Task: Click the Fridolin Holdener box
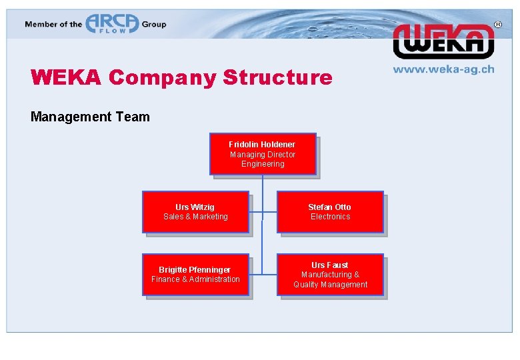[263, 154]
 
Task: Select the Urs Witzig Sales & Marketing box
[195, 212]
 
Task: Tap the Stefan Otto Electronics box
[330, 212]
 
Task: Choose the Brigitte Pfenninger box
[195, 274]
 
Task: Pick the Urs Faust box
[330, 274]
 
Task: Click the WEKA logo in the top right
[443, 41]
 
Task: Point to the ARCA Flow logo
[111, 24]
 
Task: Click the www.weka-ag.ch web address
[443, 69]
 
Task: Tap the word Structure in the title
[277, 78]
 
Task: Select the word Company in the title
[162, 78]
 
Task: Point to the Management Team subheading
[90, 117]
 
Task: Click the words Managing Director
[263, 155]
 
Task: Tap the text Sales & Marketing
[195, 217]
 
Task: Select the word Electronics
[330, 217]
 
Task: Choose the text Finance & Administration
[195, 279]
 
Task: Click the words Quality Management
[330, 285]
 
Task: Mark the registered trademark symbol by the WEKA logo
[497, 24]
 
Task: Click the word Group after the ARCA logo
[153, 25]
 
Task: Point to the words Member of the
[53, 25]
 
